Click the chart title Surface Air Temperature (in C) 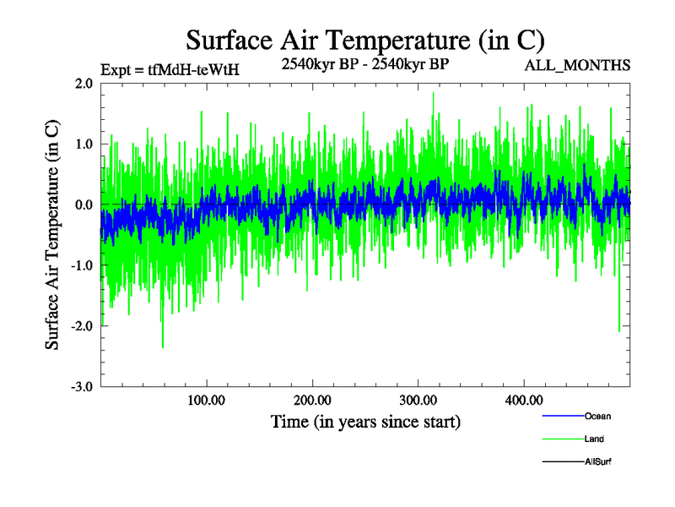(x=364, y=40)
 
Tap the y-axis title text (x=51, y=235)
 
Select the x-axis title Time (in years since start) (x=365, y=421)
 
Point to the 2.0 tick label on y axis (x=83, y=84)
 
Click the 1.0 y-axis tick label (x=83, y=144)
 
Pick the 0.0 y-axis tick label (x=83, y=205)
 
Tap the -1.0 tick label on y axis (x=81, y=265)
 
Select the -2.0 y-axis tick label (x=81, y=326)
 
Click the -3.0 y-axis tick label (x=81, y=387)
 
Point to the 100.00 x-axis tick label (x=206, y=401)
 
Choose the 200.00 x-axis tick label (x=312, y=401)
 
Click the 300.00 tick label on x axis (x=418, y=401)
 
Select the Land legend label (x=594, y=439)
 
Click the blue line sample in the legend (x=561, y=417)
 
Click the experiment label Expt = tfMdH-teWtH (x=170, y=70)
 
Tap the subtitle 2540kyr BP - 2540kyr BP (x=364, y=63)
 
